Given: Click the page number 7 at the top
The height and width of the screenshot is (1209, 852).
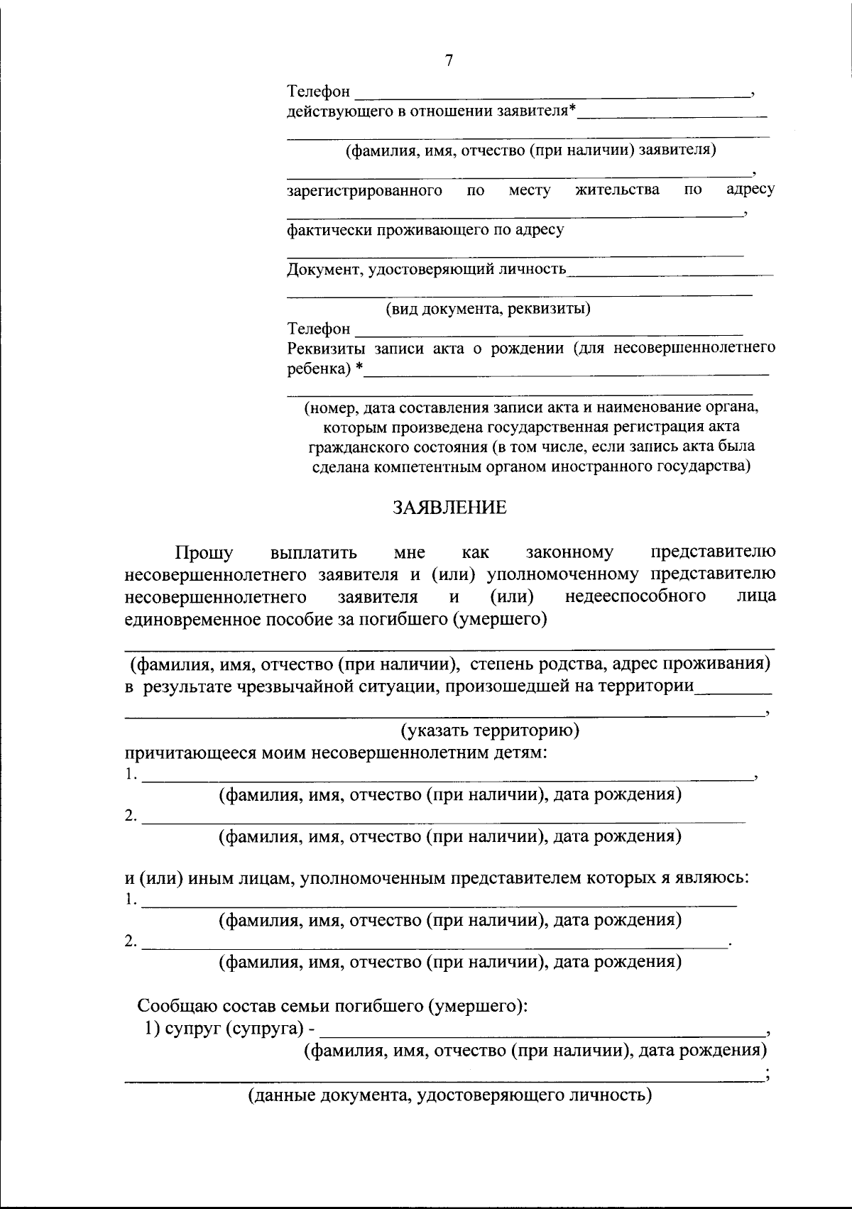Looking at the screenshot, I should point(448,61).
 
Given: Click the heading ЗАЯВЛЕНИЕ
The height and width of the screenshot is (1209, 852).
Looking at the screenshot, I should point(450,508).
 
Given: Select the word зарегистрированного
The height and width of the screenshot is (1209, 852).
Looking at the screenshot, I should point(365,190).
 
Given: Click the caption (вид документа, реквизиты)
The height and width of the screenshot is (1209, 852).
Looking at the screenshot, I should point(488,309).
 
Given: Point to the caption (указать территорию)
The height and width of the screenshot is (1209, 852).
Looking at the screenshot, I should point(490,730).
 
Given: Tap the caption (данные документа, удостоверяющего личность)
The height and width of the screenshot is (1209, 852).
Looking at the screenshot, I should point(449,1095).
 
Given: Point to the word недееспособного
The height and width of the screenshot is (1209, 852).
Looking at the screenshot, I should point(635,596).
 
